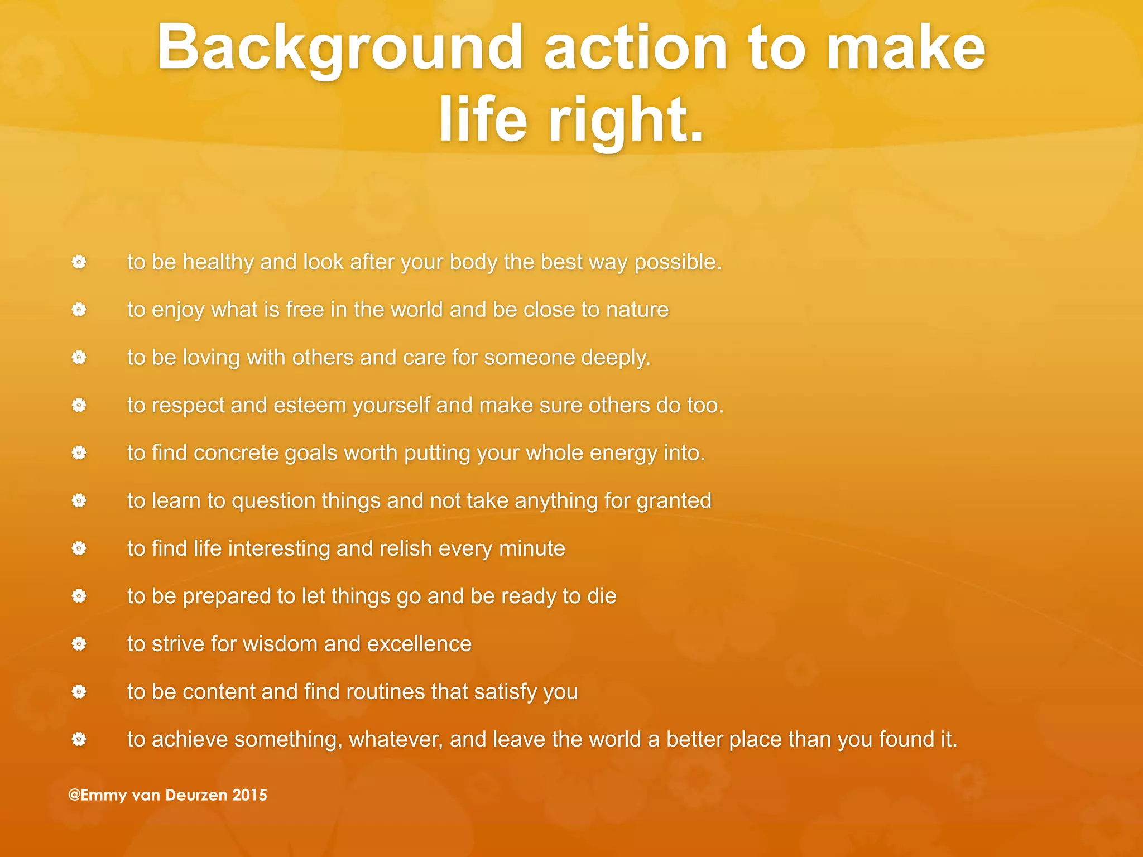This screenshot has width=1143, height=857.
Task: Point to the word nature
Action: point(637,310)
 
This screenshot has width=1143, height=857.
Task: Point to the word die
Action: point(602,596)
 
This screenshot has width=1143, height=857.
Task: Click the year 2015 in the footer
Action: point(249,795)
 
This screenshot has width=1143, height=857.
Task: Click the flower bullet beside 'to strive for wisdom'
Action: point(79,644)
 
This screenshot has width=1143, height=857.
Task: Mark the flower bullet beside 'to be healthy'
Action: point(79,262)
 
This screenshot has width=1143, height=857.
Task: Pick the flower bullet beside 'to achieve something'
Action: point(79,740)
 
